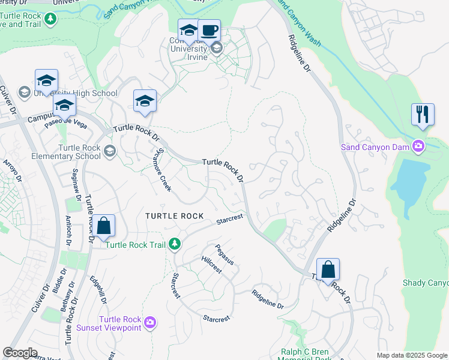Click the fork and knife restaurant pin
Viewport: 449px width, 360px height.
pos(423,115)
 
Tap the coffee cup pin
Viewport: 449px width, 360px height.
pos(209,31)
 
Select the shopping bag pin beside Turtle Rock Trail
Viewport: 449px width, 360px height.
pos(103,226)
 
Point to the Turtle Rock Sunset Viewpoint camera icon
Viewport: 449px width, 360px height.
pos(150,323)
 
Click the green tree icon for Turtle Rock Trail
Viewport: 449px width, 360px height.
pos(175,244)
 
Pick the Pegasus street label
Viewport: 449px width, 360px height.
pos(224,254)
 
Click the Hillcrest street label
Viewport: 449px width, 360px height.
pos(211,265)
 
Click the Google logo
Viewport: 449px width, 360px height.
pos(20,353)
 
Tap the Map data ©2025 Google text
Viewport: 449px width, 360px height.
pos(411,355)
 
